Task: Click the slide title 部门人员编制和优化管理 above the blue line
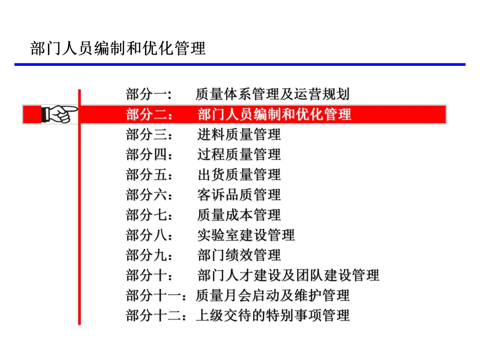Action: tap(118, 48)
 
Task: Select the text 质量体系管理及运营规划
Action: tap(272, 94)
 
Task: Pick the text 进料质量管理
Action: tap(239, 134)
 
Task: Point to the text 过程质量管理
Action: tap(239, 154)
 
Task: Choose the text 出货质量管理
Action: tap(239, 174)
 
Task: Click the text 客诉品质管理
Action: tap(239, 195)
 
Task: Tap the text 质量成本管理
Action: tap(239, 215)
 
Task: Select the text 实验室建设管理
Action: tap(246, 235)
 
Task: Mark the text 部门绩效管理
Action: tap(239, 255)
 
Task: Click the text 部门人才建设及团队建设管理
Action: tap(288, 275)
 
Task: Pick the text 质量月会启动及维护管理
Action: tap(272, 295)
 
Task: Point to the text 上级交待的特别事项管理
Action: tap(272, 315)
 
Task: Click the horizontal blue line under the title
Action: tap(240, 64)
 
